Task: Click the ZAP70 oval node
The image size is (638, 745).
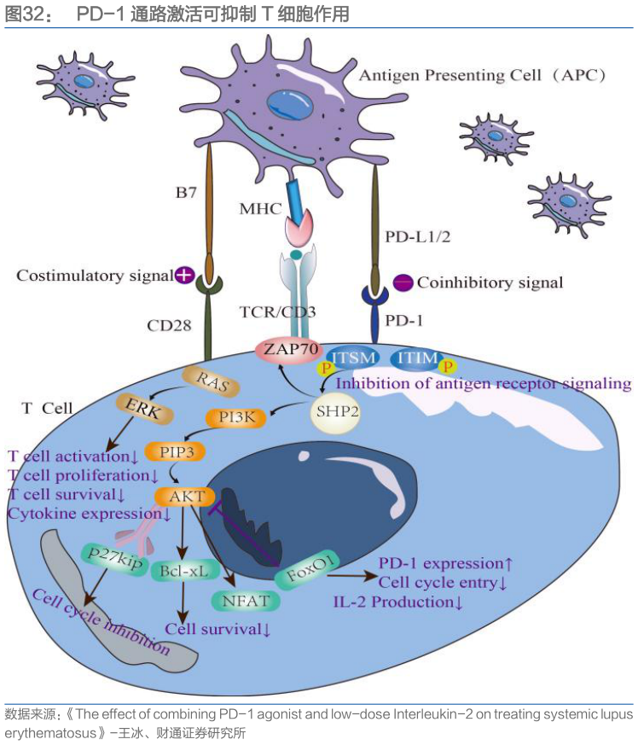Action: [284, 349]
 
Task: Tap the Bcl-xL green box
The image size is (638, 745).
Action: [183, 571]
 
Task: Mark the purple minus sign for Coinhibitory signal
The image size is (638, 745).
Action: [403, 282]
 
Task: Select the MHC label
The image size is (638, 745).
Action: [260, 208]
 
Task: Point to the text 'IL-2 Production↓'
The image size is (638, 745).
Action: [397, 602]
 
